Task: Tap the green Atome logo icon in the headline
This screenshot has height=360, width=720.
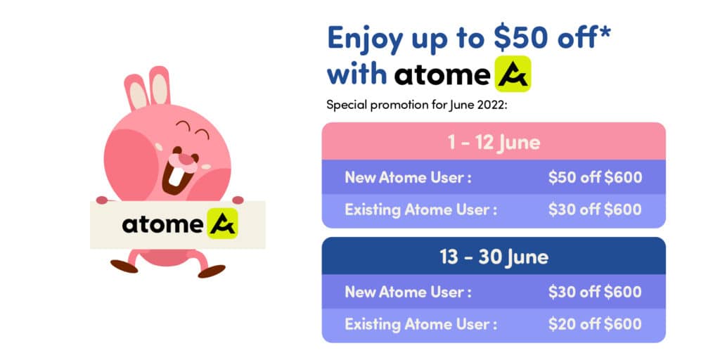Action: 513,74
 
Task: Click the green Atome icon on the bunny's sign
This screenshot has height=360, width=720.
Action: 223,224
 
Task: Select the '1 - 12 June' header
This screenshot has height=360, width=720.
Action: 494,142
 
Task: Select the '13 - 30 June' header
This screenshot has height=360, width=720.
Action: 494,257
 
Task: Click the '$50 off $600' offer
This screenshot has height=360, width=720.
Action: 595,177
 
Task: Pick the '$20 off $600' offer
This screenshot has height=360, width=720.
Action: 595,324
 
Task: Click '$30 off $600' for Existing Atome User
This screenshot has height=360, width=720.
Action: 595,210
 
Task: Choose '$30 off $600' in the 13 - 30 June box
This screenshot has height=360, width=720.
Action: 595,292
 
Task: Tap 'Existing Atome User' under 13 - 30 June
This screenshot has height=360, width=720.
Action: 420,324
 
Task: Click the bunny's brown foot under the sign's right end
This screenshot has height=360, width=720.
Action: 211,271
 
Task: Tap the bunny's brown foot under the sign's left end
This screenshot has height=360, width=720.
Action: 124,266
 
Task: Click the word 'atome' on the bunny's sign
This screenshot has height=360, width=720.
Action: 162,224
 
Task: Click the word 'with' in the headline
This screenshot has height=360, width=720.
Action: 356,74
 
